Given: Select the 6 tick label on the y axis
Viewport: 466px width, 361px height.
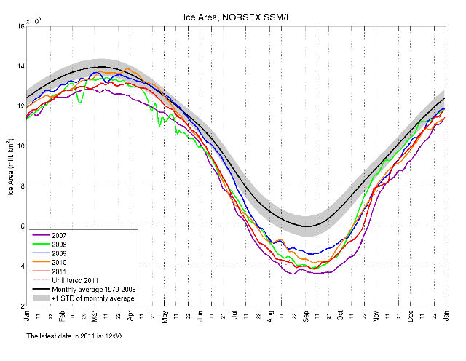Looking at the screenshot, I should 20,226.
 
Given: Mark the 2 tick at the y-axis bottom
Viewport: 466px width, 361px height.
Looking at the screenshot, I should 20,306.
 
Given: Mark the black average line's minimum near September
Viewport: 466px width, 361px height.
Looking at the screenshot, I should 307,226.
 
